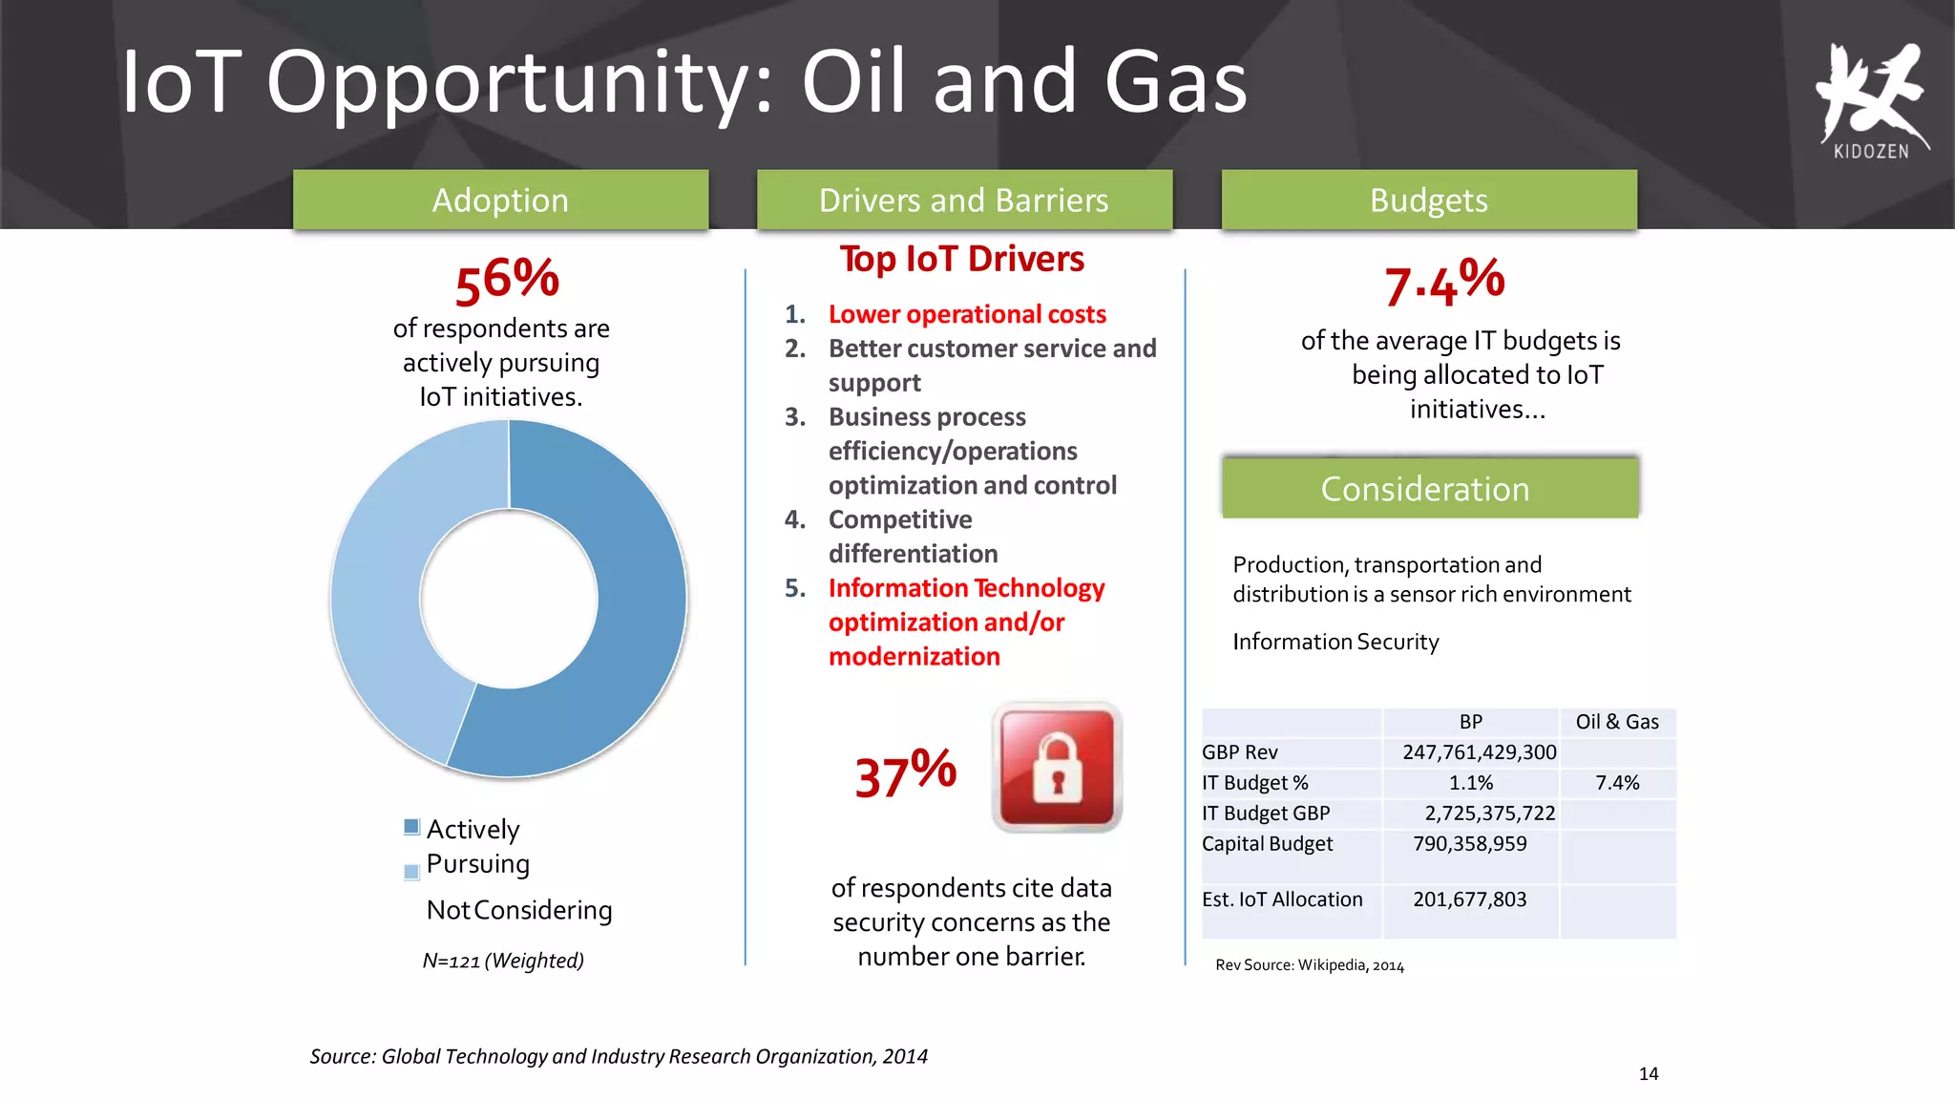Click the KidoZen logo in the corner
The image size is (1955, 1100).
[x=1871, y=100]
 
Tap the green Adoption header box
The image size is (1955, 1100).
[x=500, y=200]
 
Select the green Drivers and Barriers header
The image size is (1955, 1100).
[x=964, y=200]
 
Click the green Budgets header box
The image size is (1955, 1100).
[x=1429, y=200]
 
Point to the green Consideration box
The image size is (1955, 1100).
[x=1429, y=489]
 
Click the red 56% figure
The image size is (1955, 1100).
[x=507, y=281]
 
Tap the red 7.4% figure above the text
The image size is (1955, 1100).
[x=1444, y=283]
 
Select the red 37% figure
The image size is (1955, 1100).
[x=905, y=773]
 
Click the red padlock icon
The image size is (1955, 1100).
[x=1057, y=768]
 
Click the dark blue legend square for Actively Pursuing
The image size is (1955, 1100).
[x=411, y=827]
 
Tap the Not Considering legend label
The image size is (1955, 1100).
[x=518, y=910]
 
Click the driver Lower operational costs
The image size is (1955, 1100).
[x=966, y=314]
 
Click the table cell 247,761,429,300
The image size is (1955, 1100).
[x=1479, y=752]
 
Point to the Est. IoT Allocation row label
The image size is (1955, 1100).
[x=1282, y=899]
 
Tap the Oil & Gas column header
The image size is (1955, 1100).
[x=1617, y=722]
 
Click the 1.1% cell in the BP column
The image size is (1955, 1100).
[x=1470, y=783]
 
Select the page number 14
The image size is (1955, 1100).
[x=1649, y=1073]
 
